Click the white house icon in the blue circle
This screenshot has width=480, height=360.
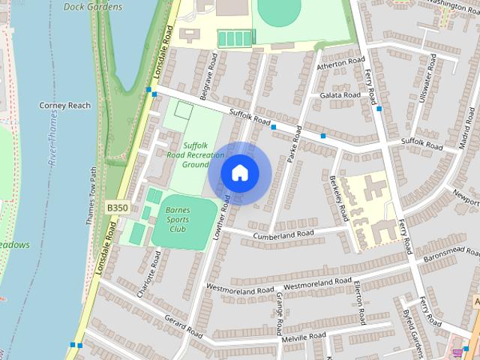coord(239,172)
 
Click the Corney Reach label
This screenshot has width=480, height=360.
coord(64,106)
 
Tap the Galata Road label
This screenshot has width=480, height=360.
coord(340,95)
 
